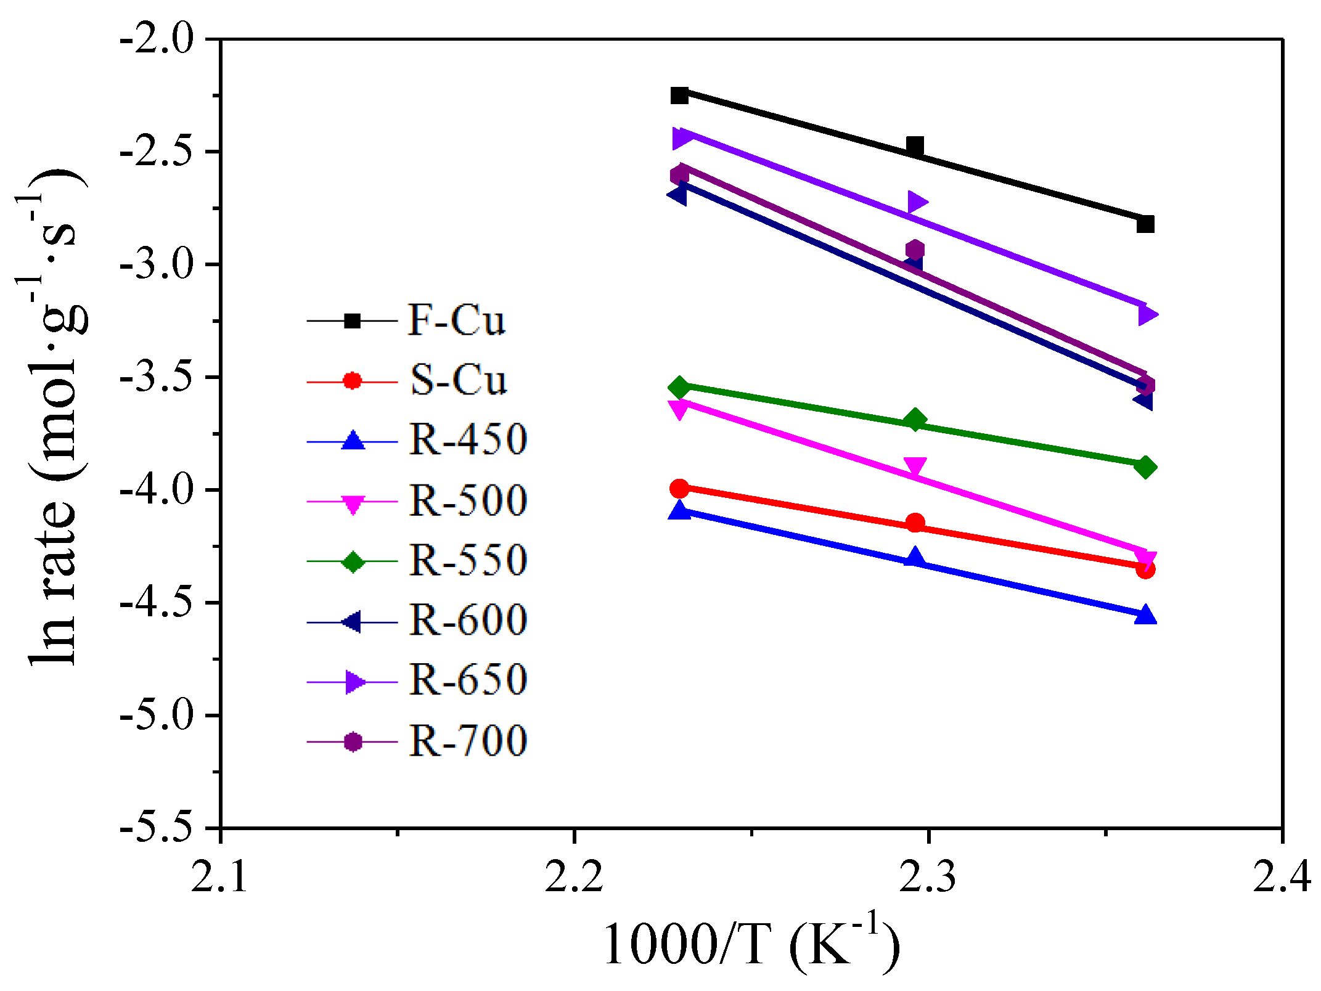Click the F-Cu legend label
(456, 320)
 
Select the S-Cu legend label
(458, 380)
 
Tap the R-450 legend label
(468, 440)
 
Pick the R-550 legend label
(468, 561)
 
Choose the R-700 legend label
(468, 741)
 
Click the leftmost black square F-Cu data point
(679, 96)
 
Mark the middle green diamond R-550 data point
(915, 420)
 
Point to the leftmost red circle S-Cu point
(679, 489)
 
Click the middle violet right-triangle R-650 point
(917, 202)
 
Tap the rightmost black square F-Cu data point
(1145, 224)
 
